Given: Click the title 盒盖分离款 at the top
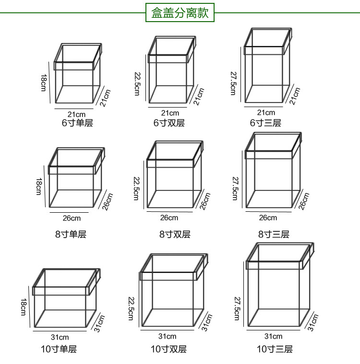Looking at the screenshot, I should click(x=180, y=13).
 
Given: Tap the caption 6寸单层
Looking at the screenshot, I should click(x=77, y=123).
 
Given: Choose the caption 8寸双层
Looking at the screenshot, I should click(x=175, y=234).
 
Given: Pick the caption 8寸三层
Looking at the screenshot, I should click(x=274, y=234).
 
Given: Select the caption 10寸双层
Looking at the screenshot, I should click(x=168, y=349).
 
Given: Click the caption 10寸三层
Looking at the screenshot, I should click(x=274, y=349).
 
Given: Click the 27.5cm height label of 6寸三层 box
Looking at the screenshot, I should click(x=233, y=83).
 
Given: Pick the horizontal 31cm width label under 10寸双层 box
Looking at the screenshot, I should click(x=168, y=336).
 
